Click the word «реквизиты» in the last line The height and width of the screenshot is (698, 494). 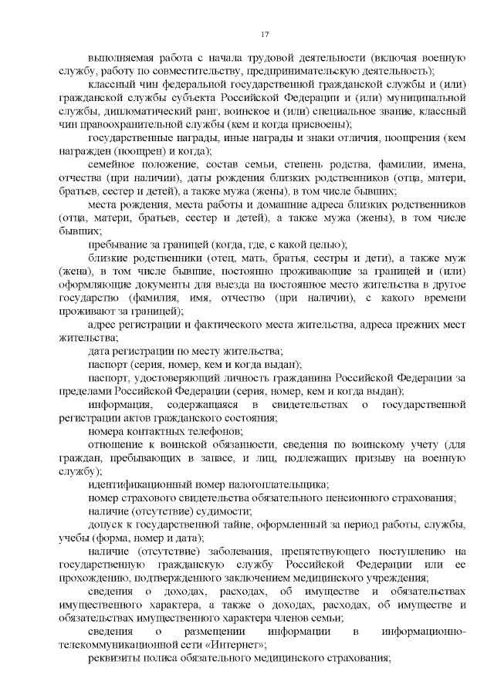click(x=115, y=656)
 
